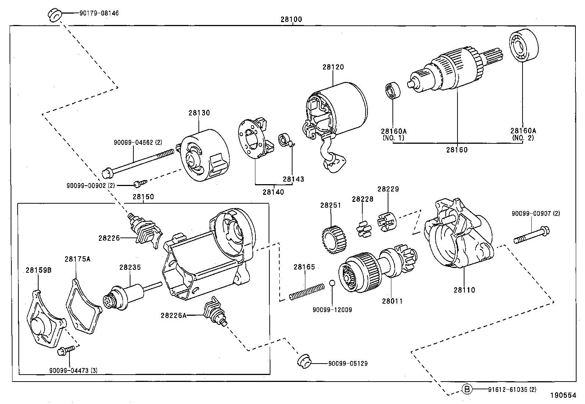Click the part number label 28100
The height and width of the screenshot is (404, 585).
[291, 19]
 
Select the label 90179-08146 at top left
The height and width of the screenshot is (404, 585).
[99, 14]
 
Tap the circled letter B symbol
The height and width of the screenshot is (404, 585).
[466, 389]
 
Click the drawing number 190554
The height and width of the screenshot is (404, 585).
[563, 396]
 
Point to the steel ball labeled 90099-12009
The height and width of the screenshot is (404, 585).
[332, 283]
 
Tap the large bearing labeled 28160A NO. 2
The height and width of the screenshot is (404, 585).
[523, 46]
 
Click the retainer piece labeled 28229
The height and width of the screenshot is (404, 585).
[387, 222]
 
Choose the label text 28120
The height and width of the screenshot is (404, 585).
[333, 67]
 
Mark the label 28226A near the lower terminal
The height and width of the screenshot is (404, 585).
[173, 315]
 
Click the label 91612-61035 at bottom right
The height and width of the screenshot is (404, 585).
[509, 389]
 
